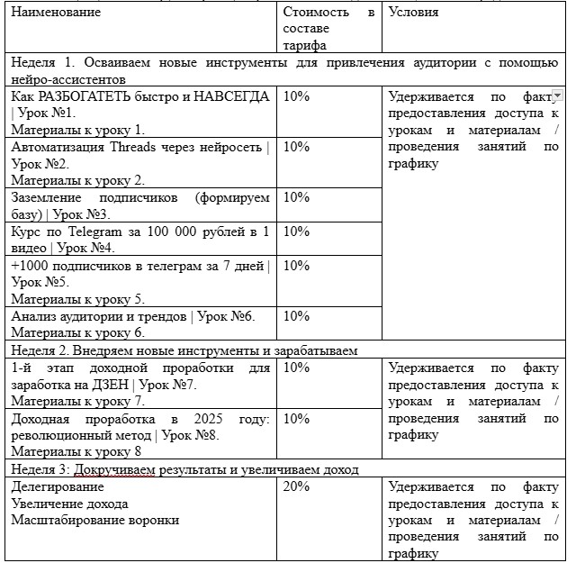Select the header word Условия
(x=414, y=13)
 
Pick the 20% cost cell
(x=296, y=486)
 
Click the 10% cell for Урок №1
(x=296, y=96)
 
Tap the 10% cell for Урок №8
(x=296, y=419)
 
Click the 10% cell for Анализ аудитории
(x=296, y=315)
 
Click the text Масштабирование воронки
(x=95, y=520)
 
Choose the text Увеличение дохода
(x=69, y=504)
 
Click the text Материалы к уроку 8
(x=76, y=452)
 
